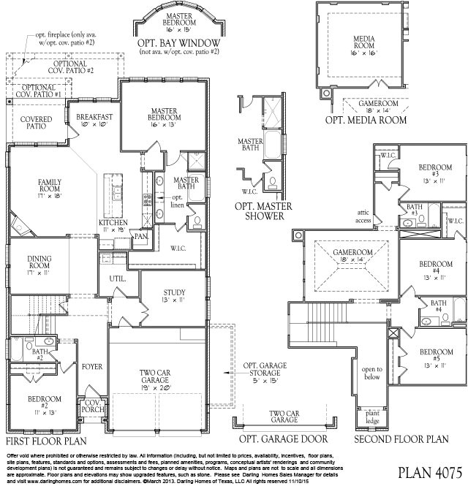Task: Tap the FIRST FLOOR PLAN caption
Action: pos(46,441)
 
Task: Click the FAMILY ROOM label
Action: pos(34,186)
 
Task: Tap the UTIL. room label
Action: pos(118,279)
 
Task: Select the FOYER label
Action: pos(92,367)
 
